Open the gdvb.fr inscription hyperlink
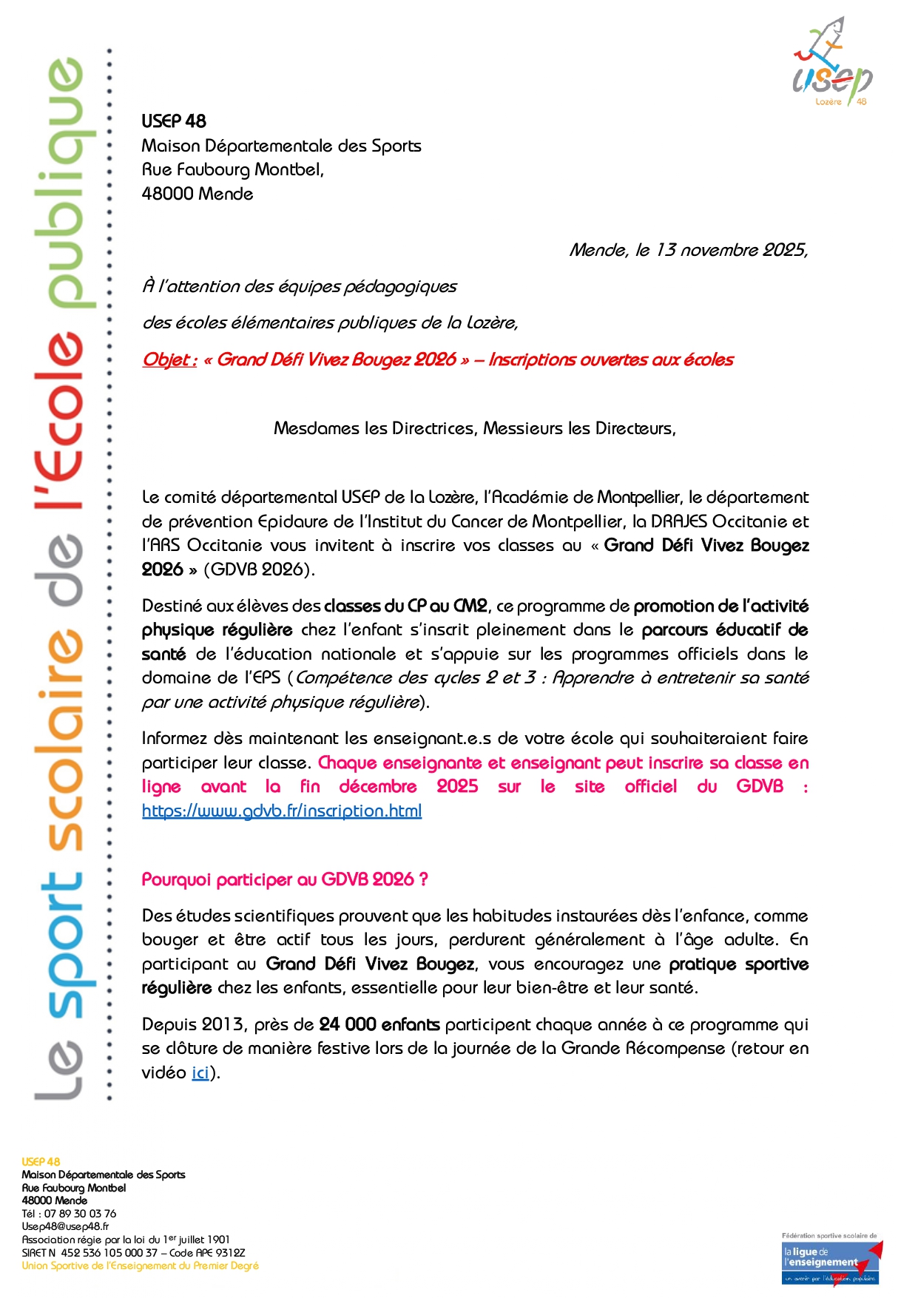[x=282, y=811]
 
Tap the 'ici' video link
[x=200, y=1072]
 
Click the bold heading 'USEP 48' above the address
[x=174, y=121]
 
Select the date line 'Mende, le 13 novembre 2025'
[x=688, y=250]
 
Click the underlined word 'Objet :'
[x=169, y=360]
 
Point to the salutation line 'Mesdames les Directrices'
[x=474, y=428]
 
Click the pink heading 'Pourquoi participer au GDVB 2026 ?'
[x=285, y=879]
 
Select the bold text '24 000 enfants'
[x=379, y=1024]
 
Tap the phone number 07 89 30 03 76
[x=80, y=1214]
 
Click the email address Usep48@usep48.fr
[x=66, y=1226]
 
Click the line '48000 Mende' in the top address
[x=198, y=194]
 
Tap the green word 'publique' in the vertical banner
[x=66, y=181]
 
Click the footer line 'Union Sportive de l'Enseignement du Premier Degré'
[x=141, y=1265]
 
